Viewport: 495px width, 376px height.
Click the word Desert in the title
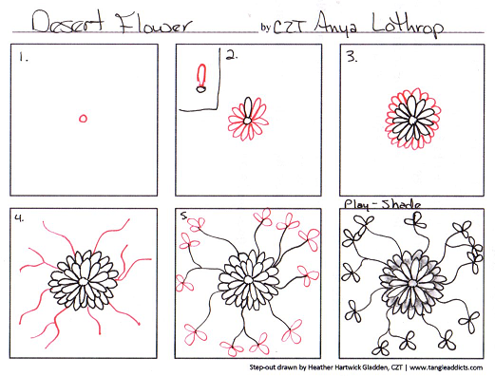coord(67,22)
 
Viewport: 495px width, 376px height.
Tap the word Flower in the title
coord(155,23)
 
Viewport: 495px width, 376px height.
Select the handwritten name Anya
coord(335,24)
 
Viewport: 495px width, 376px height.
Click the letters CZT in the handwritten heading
coord(290,28)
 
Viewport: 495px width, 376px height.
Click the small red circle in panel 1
coord(83,119)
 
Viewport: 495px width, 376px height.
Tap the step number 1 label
coord(23,57)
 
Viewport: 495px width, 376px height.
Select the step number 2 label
coord(232,55)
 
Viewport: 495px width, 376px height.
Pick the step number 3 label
coord(352,57)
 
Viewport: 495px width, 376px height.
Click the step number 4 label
coord(19,218)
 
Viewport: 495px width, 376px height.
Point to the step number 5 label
coord(184,216)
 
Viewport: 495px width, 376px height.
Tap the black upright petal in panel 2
coord(249,107)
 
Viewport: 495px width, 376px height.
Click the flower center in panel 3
coord(412,121)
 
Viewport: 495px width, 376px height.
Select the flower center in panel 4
coord(84,281)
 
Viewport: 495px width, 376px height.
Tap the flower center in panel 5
coord(248,280)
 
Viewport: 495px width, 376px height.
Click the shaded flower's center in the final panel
coord(411,283)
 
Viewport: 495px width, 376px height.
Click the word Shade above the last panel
coord(401,204)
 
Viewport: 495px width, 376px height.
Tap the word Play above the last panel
coord(356,205)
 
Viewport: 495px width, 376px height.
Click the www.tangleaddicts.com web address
coord(447,367)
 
